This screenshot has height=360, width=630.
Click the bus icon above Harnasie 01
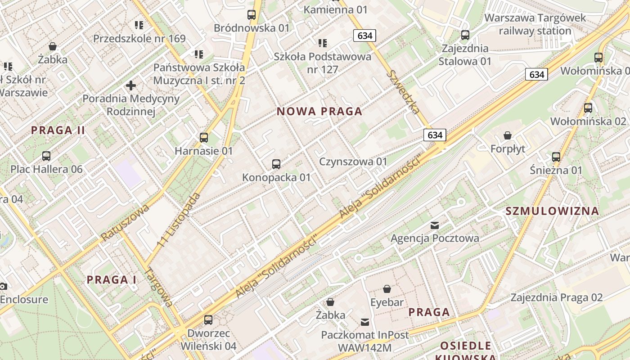204,137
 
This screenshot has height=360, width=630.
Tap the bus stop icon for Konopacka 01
276,164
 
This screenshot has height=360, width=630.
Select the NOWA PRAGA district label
319,112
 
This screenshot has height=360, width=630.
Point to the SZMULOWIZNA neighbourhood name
552,211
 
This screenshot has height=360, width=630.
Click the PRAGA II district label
58,130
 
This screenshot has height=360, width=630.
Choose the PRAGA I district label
111,279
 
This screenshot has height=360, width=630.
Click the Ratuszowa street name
125,222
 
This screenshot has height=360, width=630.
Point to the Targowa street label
160,288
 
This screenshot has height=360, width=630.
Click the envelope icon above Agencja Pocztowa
435,225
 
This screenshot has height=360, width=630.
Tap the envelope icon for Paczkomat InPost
365,322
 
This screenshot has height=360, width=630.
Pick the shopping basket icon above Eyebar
387,289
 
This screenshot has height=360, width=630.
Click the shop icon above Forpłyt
508,135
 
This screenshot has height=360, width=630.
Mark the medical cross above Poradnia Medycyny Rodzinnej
131,85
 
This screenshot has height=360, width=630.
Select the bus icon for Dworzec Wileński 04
208,320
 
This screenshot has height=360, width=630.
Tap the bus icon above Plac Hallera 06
46,156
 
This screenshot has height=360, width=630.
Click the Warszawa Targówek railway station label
535,24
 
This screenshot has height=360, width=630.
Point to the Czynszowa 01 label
353,162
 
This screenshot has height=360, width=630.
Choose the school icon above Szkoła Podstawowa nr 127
323,43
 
